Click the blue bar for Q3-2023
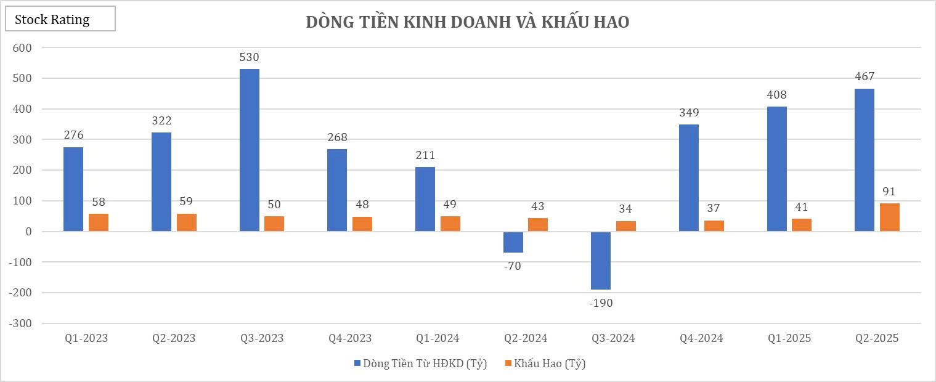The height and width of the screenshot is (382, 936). (249, 150)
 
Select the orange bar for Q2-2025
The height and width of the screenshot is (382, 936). (889, 217)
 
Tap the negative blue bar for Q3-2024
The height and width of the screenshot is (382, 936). (601, 261)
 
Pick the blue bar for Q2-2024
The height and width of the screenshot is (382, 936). (513, 242)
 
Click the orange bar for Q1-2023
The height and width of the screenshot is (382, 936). (99, 222)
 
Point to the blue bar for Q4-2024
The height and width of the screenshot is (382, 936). (689, 178)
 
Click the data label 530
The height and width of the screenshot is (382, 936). (249, 58)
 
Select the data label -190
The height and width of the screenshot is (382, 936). (601, 303)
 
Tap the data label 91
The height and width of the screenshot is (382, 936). (889, 192)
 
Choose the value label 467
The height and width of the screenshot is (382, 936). (864, 77)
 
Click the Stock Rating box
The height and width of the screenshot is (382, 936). (60, 19)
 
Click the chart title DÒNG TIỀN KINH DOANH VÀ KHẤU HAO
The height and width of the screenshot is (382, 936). (468, 22)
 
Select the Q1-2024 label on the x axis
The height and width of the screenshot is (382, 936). (437, 338)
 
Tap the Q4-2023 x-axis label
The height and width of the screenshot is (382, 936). (349, 338)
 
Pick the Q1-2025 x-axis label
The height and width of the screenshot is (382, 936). (789, 338)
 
